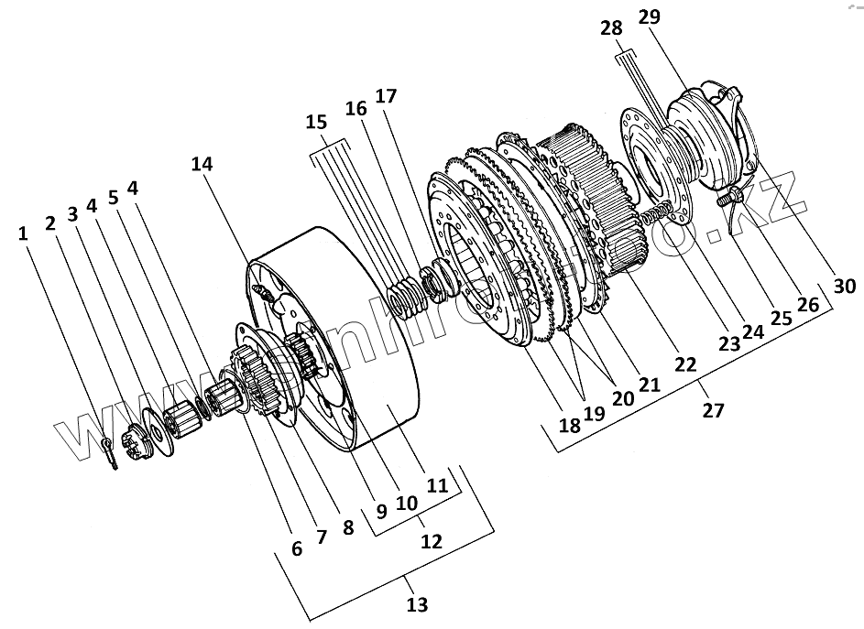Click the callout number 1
22,233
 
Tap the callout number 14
202,164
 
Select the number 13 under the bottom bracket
416,605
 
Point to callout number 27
713,411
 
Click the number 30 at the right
844,287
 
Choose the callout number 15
315,122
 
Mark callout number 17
386,96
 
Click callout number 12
430,541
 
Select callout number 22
685,364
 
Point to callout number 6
296,548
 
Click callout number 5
114,197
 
